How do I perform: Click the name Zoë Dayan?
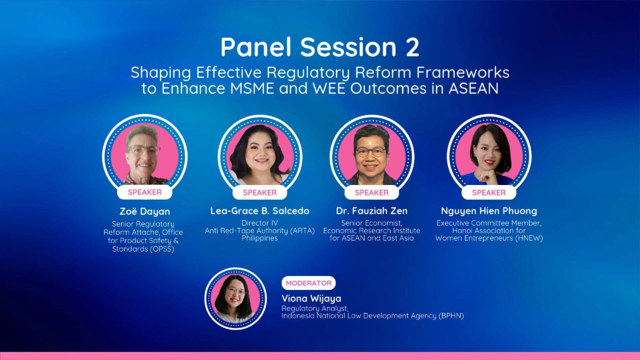coord(145,211)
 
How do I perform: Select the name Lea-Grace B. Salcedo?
coord(260,211)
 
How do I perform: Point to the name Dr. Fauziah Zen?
coord(372,211)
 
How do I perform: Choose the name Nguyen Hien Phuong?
coord(489,211)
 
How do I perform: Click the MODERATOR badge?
coord(308,283)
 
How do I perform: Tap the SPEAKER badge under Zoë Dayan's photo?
coord(145,192)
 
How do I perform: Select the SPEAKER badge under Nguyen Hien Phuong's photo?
coord(489,192)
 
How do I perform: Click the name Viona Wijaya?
coord(311,298)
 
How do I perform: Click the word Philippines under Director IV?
coord(260,238)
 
